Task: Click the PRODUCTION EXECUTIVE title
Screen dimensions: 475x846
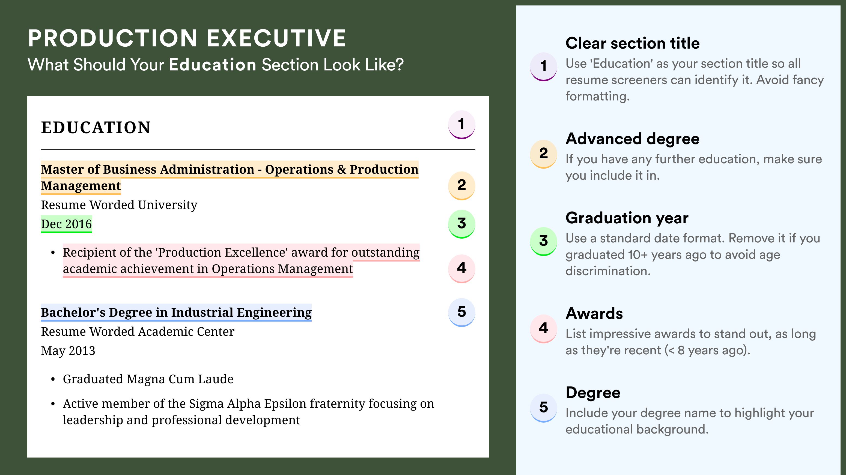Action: click(187, 38)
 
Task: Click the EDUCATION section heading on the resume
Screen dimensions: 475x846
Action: click(96, 127)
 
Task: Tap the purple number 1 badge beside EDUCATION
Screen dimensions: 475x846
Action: click(461, 124)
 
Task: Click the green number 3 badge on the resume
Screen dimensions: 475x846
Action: click(461, 223)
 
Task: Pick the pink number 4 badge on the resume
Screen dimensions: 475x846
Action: click(461, 268)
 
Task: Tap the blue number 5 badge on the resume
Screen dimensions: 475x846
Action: click(461, 312)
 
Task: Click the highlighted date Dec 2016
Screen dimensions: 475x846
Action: click(66, 224)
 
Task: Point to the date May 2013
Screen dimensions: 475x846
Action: click(68, 351)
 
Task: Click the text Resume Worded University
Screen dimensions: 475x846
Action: click(119, 205)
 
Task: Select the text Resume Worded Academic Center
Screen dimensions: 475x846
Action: click(138, 332)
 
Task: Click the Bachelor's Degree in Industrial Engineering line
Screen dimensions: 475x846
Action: click(176, 312)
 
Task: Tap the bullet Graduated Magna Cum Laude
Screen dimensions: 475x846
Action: click(148, 379)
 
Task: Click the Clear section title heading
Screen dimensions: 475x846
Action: click(632, 43)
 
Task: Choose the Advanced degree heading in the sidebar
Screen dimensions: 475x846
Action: click(632, 139)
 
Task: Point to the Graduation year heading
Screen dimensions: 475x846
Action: click(627, 218)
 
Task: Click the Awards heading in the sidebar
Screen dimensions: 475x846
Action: click(594, 313)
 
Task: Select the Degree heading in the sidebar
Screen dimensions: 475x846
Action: click(593, 393)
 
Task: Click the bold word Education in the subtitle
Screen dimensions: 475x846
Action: click(213, 65)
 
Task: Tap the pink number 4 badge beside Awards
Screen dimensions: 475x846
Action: click(543, 328)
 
